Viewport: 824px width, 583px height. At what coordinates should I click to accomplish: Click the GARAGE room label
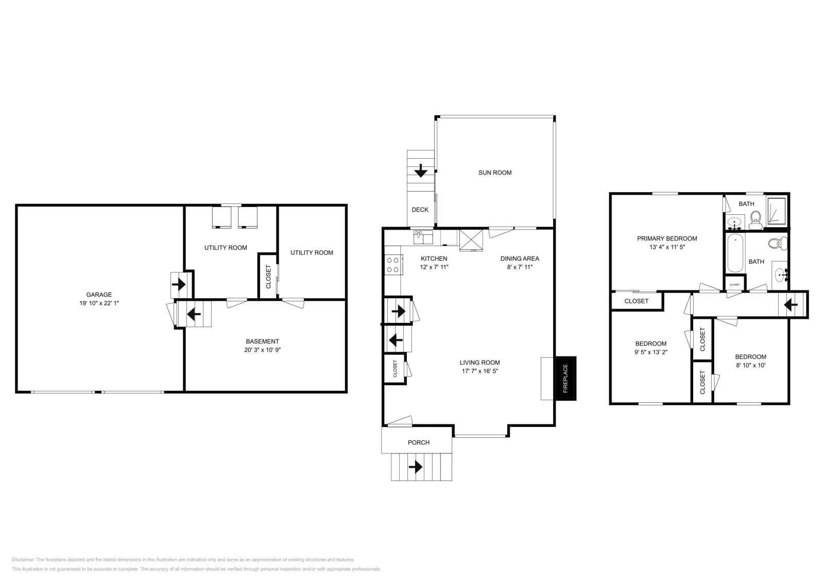coord(99,295)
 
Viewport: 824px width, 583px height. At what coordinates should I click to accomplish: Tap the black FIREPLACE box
coord(565,378)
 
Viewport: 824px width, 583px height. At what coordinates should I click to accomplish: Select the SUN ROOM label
coord(495,173)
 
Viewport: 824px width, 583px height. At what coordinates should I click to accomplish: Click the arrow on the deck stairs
coord(421,170)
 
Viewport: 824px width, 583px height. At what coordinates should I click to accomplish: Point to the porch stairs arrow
coord(416,467)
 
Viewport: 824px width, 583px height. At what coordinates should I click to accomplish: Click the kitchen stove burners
coord(392,265)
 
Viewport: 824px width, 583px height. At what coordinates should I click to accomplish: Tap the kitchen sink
coord(422,237)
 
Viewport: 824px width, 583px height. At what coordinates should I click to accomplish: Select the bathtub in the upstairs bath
coord(735,253)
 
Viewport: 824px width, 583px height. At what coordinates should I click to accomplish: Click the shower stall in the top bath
coord(777,211)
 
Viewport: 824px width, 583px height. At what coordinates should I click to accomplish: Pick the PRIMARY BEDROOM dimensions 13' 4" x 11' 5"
coord(667,247)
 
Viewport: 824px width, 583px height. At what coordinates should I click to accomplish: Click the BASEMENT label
coord(262,341)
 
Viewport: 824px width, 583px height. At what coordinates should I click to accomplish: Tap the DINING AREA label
coord(520,258)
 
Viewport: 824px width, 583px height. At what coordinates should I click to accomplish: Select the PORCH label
coord(419,442)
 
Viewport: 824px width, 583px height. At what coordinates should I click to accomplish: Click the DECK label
coord(420,210)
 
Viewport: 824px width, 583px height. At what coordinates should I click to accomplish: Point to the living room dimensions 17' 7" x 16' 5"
coord(479,371)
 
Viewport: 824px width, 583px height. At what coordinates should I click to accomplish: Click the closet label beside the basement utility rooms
coord(268,277)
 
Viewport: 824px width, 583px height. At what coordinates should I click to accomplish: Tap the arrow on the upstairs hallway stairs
coord(791,305)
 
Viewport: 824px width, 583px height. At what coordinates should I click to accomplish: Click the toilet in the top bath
coord(756,222)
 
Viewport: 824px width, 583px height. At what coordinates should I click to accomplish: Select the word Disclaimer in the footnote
coord(23,559)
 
